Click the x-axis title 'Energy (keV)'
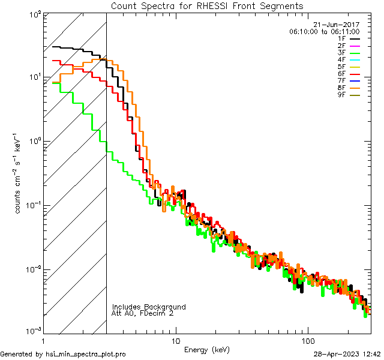pos(206,350)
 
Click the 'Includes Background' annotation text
pos(149,307)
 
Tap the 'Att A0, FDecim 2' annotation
pos(143,313)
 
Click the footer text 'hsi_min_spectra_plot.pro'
pos(86,354)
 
